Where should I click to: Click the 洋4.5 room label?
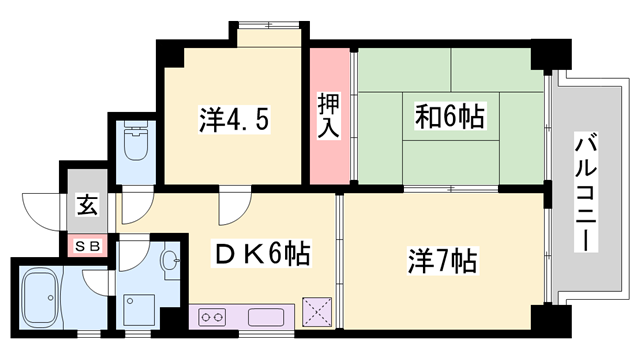(x=231, y=121)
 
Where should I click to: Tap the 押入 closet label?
(x=329, y=115)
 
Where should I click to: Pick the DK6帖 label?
(x=262, y=253)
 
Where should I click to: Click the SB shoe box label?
(x=85, y=243)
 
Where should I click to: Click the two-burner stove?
(x=212, y=319)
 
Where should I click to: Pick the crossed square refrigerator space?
(x=317, y=312)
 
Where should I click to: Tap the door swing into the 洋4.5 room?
(x=231, y=205)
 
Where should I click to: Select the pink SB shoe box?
(x=85, y=243)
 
